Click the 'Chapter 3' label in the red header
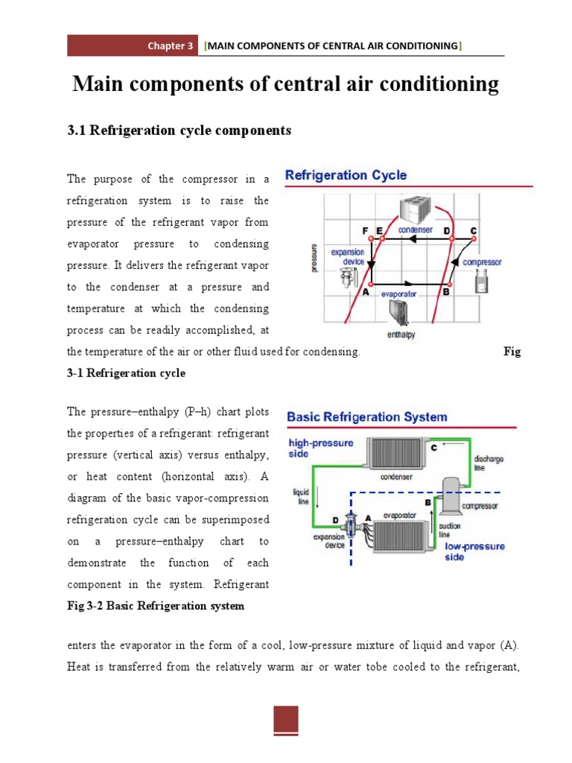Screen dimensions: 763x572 point(170,46)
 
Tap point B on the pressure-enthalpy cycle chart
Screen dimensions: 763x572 point(446,283)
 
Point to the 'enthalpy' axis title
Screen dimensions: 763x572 point(401,335)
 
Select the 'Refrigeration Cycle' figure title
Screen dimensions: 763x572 point(346,176)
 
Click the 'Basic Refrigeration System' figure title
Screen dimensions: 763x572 point(367,417)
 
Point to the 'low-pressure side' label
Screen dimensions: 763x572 point(474,551)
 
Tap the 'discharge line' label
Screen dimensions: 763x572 point(489,463)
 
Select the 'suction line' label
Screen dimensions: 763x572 point(450,530)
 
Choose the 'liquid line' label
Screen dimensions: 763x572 point(301,496)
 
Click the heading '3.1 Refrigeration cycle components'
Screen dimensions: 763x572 point(179,130)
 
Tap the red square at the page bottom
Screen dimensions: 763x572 point(285,720)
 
